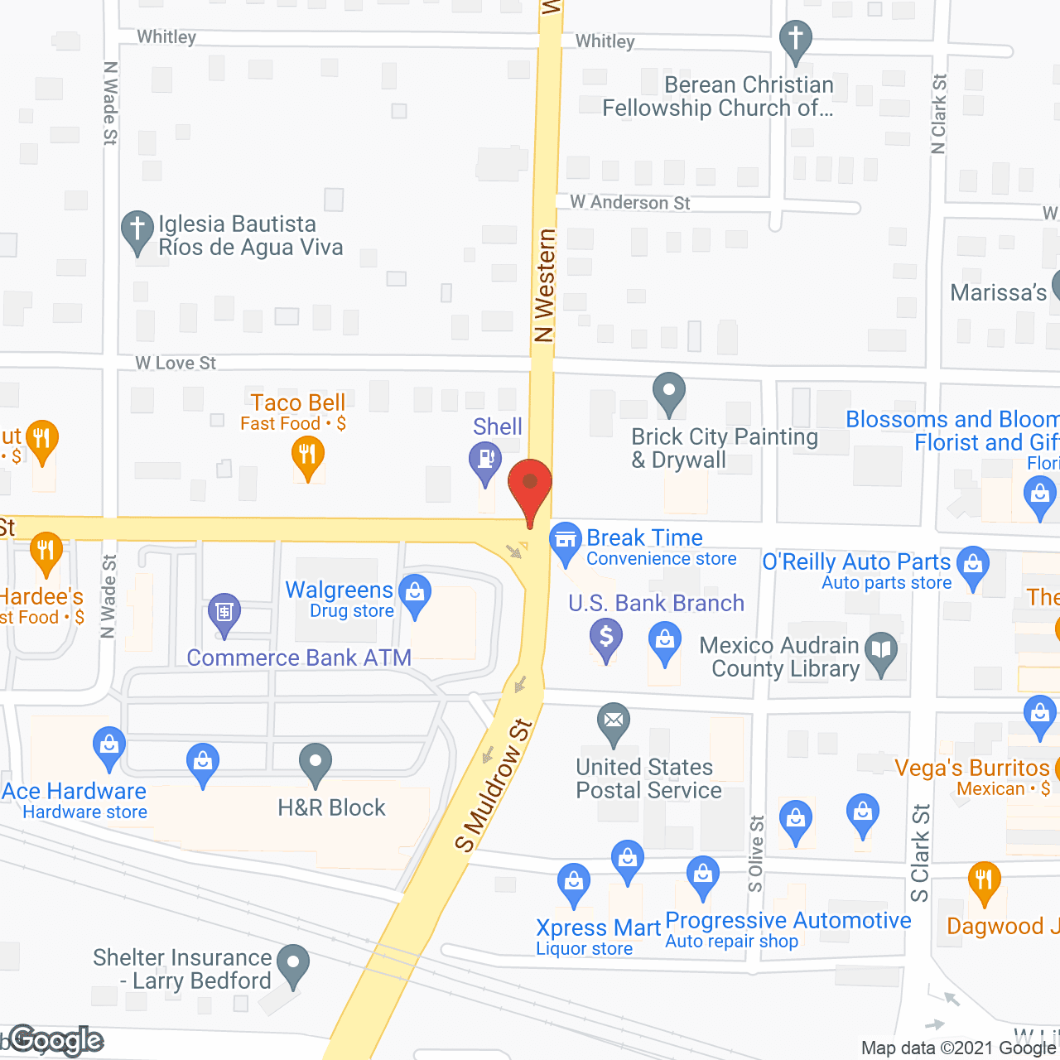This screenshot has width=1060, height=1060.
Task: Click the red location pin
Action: (530, 484)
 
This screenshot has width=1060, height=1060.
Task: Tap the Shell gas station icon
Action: (484, 459)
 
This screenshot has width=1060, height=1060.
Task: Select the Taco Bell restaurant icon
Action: (308, 455)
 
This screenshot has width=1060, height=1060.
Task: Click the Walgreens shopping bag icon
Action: (415, 593)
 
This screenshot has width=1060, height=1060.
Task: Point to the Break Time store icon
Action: (566, 540)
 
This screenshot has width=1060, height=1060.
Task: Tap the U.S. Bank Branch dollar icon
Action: (606, 638)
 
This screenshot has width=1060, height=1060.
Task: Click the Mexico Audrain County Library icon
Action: (881, 650)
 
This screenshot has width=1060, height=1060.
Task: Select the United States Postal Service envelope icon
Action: (614, 720)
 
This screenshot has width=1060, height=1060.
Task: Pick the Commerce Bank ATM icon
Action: (224, 612)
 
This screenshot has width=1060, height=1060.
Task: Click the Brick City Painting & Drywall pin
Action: (669, 391)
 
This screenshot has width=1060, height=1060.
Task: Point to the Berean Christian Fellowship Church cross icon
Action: (796, 38)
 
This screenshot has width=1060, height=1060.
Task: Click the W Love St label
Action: (176, 363)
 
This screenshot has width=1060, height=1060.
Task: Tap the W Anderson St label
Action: (629, 203)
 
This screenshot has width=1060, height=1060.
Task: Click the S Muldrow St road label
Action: (494, 785)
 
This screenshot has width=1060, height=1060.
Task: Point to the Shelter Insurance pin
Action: (292, 963)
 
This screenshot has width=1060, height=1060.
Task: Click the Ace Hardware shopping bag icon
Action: (108, 744)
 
